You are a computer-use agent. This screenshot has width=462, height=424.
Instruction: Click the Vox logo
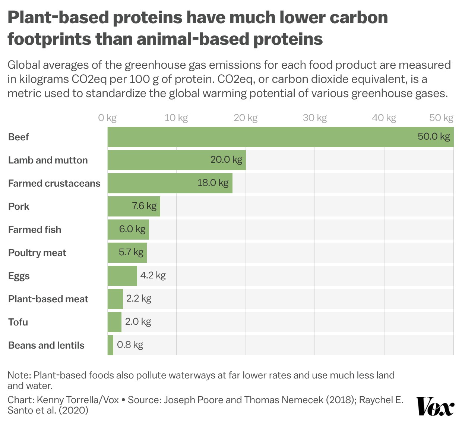[435, 406]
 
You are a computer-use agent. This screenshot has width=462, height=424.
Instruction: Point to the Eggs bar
[122, 276]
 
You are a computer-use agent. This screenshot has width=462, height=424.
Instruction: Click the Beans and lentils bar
[110, 345]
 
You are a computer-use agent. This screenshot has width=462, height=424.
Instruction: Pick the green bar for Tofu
[114, 322]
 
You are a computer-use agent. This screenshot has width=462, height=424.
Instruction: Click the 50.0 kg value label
[434, 137]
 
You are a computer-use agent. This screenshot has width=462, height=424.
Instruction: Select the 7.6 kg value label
[144, 206]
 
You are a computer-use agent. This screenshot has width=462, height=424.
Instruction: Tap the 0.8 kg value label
[130, 345]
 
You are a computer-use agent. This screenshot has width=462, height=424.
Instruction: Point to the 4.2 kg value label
[153, 275]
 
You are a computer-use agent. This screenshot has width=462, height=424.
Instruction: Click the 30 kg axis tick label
[314, 118]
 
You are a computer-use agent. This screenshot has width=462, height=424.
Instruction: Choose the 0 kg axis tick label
[107, 118]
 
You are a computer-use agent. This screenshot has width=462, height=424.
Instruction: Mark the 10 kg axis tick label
[176, 118]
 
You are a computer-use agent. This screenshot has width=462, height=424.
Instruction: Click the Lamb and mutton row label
[48, 160]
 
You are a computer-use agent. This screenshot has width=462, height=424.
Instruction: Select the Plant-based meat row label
[48, 299]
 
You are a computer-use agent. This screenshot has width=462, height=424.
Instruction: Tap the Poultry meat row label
[37, 253]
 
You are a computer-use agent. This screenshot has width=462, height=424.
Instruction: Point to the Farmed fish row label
[35, 230]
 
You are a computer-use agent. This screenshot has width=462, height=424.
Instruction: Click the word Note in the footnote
[19, 375]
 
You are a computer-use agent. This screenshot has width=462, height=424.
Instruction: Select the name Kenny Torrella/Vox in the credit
[78, 400]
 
